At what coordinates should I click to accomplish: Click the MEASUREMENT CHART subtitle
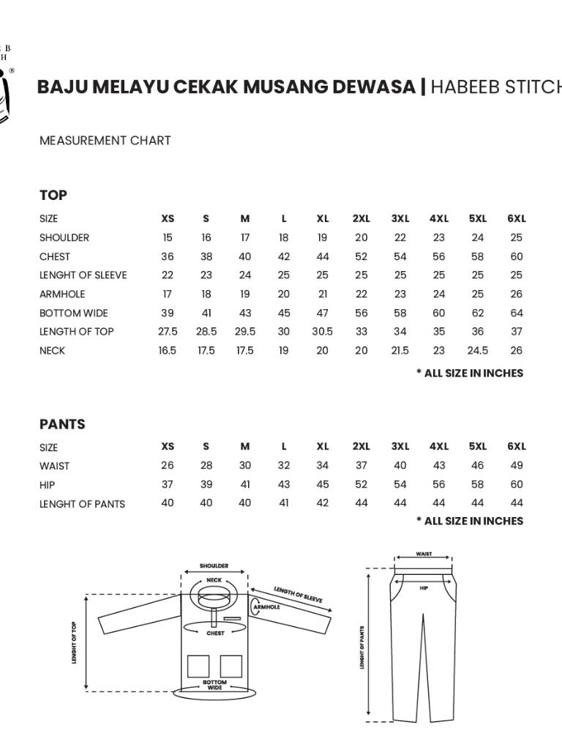(105, 140)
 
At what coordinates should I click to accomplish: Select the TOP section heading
(53, 195)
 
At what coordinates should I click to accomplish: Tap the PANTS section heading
(62, 424)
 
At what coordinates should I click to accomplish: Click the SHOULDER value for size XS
(168, 237)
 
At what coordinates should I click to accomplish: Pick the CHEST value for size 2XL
(361, 256)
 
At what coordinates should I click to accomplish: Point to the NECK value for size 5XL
(478, 350)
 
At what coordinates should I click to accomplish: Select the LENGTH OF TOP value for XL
(323, 331)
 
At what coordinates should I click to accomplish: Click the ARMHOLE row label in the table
(62, 294)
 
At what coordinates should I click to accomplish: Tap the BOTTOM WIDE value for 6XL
(517, 313)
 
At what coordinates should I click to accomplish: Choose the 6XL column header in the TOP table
(517, 218)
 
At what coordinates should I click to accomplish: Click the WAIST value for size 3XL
(400, 465)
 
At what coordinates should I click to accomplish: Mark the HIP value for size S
(206, 484)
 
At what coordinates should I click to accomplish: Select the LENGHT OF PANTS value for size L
(284, 503)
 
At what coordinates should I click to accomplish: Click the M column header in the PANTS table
(245, 446)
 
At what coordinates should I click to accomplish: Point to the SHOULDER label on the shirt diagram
(214, 566)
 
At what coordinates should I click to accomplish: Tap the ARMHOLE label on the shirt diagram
(266, 607)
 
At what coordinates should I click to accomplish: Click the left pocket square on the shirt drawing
(198, 666)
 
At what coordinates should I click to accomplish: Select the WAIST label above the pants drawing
(424, 554)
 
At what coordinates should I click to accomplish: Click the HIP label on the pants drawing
(424, 587)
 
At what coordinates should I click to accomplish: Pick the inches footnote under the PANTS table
(470, 521)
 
